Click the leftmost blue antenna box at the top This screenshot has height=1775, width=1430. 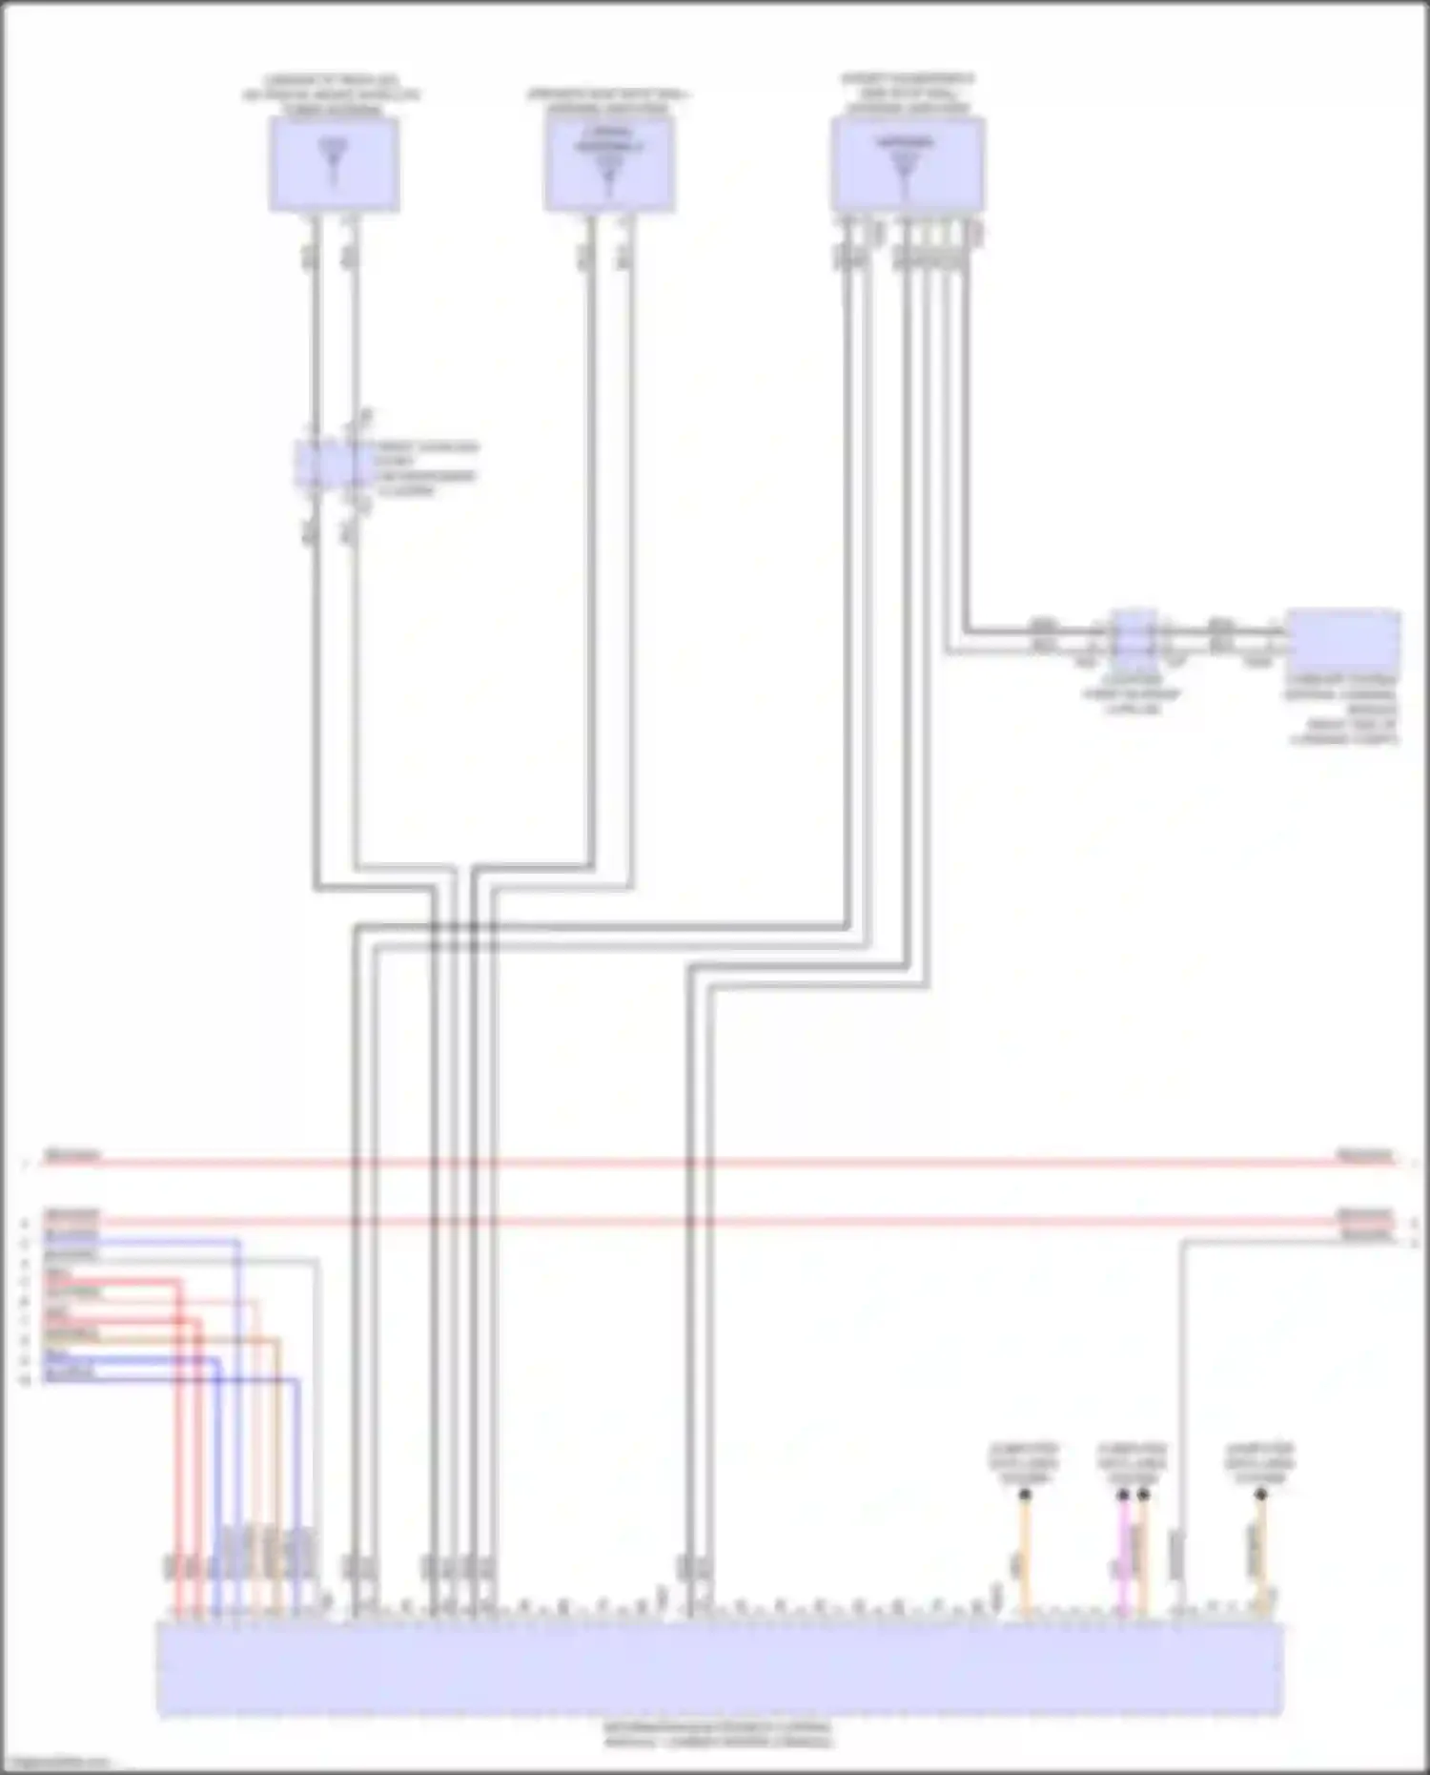click(333, 166)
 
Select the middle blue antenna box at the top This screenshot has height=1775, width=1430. click(609, 166)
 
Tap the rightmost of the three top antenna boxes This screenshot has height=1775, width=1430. click(907, 166)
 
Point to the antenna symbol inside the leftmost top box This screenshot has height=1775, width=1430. click(333, 162)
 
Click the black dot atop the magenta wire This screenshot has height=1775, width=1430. click(1123, 1495)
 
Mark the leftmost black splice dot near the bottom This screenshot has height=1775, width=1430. click(1025, 1495)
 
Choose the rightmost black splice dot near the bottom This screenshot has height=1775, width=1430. click(1260, 1495)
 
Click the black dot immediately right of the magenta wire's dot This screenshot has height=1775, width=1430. click(1143, 1495)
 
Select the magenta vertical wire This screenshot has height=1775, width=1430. click(1123, 1555)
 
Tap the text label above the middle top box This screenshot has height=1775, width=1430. click(609, 101)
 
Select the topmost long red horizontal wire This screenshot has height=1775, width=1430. click(715, 1163)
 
